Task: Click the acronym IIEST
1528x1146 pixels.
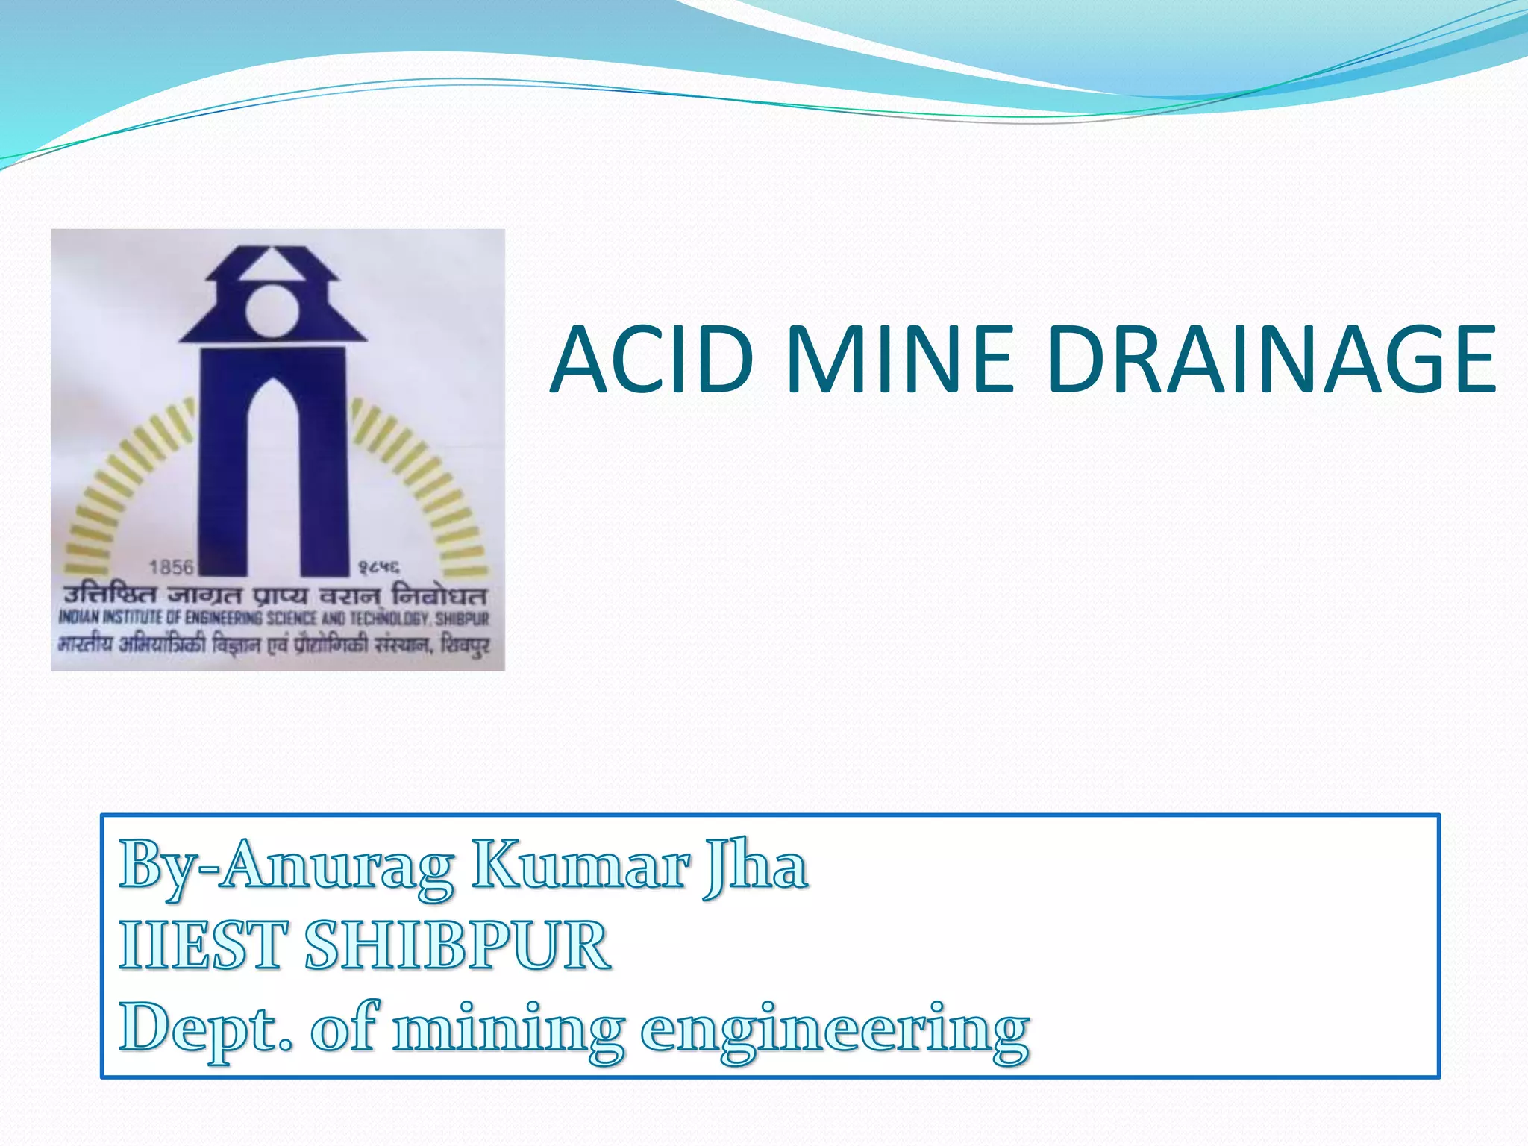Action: click(x=202, y=946)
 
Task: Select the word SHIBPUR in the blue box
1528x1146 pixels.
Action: click(x=457, y=946)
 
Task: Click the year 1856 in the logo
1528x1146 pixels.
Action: click(x=171, y=568)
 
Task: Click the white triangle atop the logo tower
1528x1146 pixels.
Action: click(x=272, y=266)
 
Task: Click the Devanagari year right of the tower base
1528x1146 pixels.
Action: click(x=378, y=569)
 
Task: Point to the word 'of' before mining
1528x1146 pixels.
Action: click(x=343, y=1028)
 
